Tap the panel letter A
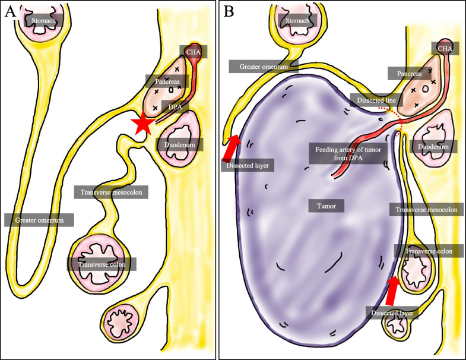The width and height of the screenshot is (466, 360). [x=9, y=11]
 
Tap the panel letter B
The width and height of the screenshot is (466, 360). [x=229, y=11]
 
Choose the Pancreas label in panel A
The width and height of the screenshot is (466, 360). [x=164, y=80]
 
